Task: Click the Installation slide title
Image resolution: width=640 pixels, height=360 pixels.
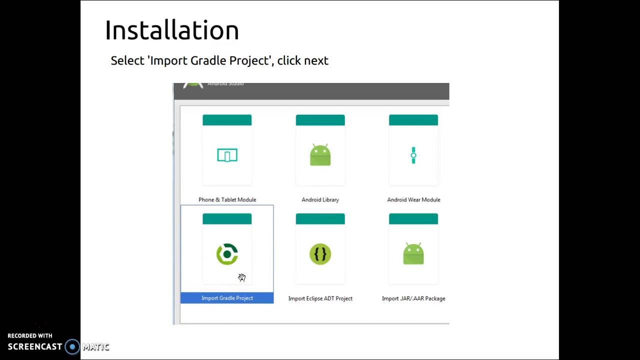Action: tap(171, 30)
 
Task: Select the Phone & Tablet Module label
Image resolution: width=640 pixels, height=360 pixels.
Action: tap(227, 199)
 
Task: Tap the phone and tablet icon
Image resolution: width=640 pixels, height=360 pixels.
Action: tap(227, 155)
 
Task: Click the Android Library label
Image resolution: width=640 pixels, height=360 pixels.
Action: tap(320, 199)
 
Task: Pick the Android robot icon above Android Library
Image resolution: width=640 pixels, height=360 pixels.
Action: tap(320, 155)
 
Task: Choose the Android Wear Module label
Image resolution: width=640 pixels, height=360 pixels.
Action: tap(413, 199)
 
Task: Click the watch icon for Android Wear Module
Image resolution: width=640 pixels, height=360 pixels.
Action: tap(413, 155)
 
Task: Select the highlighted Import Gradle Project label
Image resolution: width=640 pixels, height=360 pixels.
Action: tap(227, 298)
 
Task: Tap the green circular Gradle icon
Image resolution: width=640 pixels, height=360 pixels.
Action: tap(227, 254)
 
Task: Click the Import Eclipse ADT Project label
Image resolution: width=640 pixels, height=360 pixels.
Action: tap(320, 298)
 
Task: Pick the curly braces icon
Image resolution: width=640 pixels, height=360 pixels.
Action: tap(320, 254)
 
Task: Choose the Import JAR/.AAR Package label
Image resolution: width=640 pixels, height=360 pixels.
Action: tap(413, 298)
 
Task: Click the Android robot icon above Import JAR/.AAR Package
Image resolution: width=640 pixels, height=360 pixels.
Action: tap(413, 254)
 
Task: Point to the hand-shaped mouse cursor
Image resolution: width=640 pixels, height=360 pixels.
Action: tap(242, 277)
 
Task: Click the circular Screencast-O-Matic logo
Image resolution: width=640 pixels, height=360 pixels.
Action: tap(72, 346)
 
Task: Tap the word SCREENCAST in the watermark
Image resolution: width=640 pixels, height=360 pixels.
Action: tap(35, 346)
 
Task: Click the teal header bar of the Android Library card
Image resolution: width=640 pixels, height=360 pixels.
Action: tap(320, 120)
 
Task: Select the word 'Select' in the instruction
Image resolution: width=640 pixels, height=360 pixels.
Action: tap(127, 60)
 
